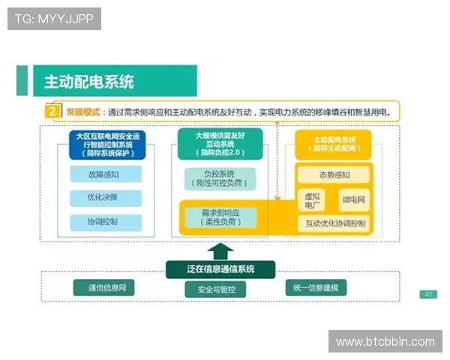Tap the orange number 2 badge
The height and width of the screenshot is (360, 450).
pos(52,112)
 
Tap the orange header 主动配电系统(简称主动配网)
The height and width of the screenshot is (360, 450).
pos(334,144)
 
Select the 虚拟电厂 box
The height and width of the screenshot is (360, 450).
pos(313,199)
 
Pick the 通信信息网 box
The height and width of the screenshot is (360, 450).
pos(103,288)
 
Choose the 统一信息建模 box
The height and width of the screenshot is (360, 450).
pos(316,288)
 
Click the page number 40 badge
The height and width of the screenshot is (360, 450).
pos(428,294)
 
